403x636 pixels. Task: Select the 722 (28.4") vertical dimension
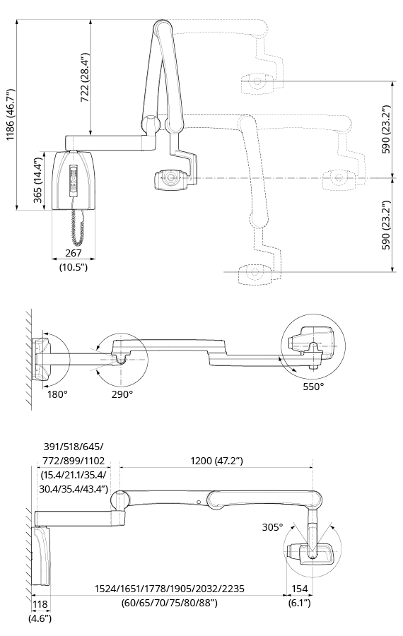click(84, 78)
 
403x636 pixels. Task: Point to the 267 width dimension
click(74, 253)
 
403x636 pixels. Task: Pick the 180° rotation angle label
click(57, 394)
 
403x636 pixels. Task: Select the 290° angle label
click(122, 394)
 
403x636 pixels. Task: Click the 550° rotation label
click(313, 387)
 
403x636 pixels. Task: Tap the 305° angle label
click(272, 527)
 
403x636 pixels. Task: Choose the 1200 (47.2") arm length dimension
click(216, 461)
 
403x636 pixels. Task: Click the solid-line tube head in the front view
click(170, 179)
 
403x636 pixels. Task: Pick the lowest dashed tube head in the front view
click(255, 273)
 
